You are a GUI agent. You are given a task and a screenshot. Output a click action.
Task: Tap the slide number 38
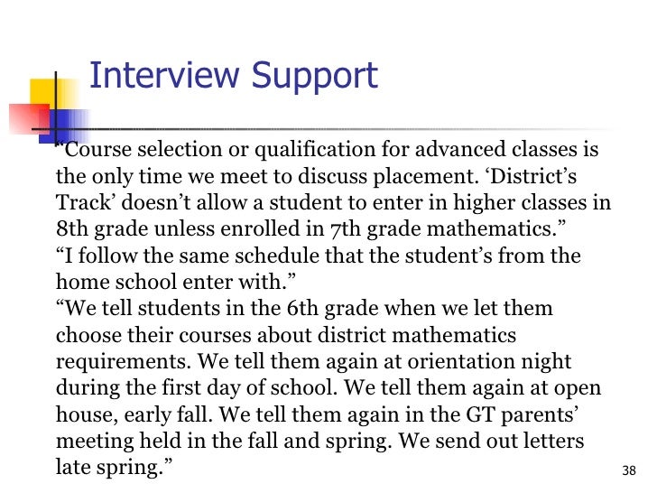(x=630, y=470)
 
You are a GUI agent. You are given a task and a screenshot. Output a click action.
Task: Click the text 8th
(x=73, y=229)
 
